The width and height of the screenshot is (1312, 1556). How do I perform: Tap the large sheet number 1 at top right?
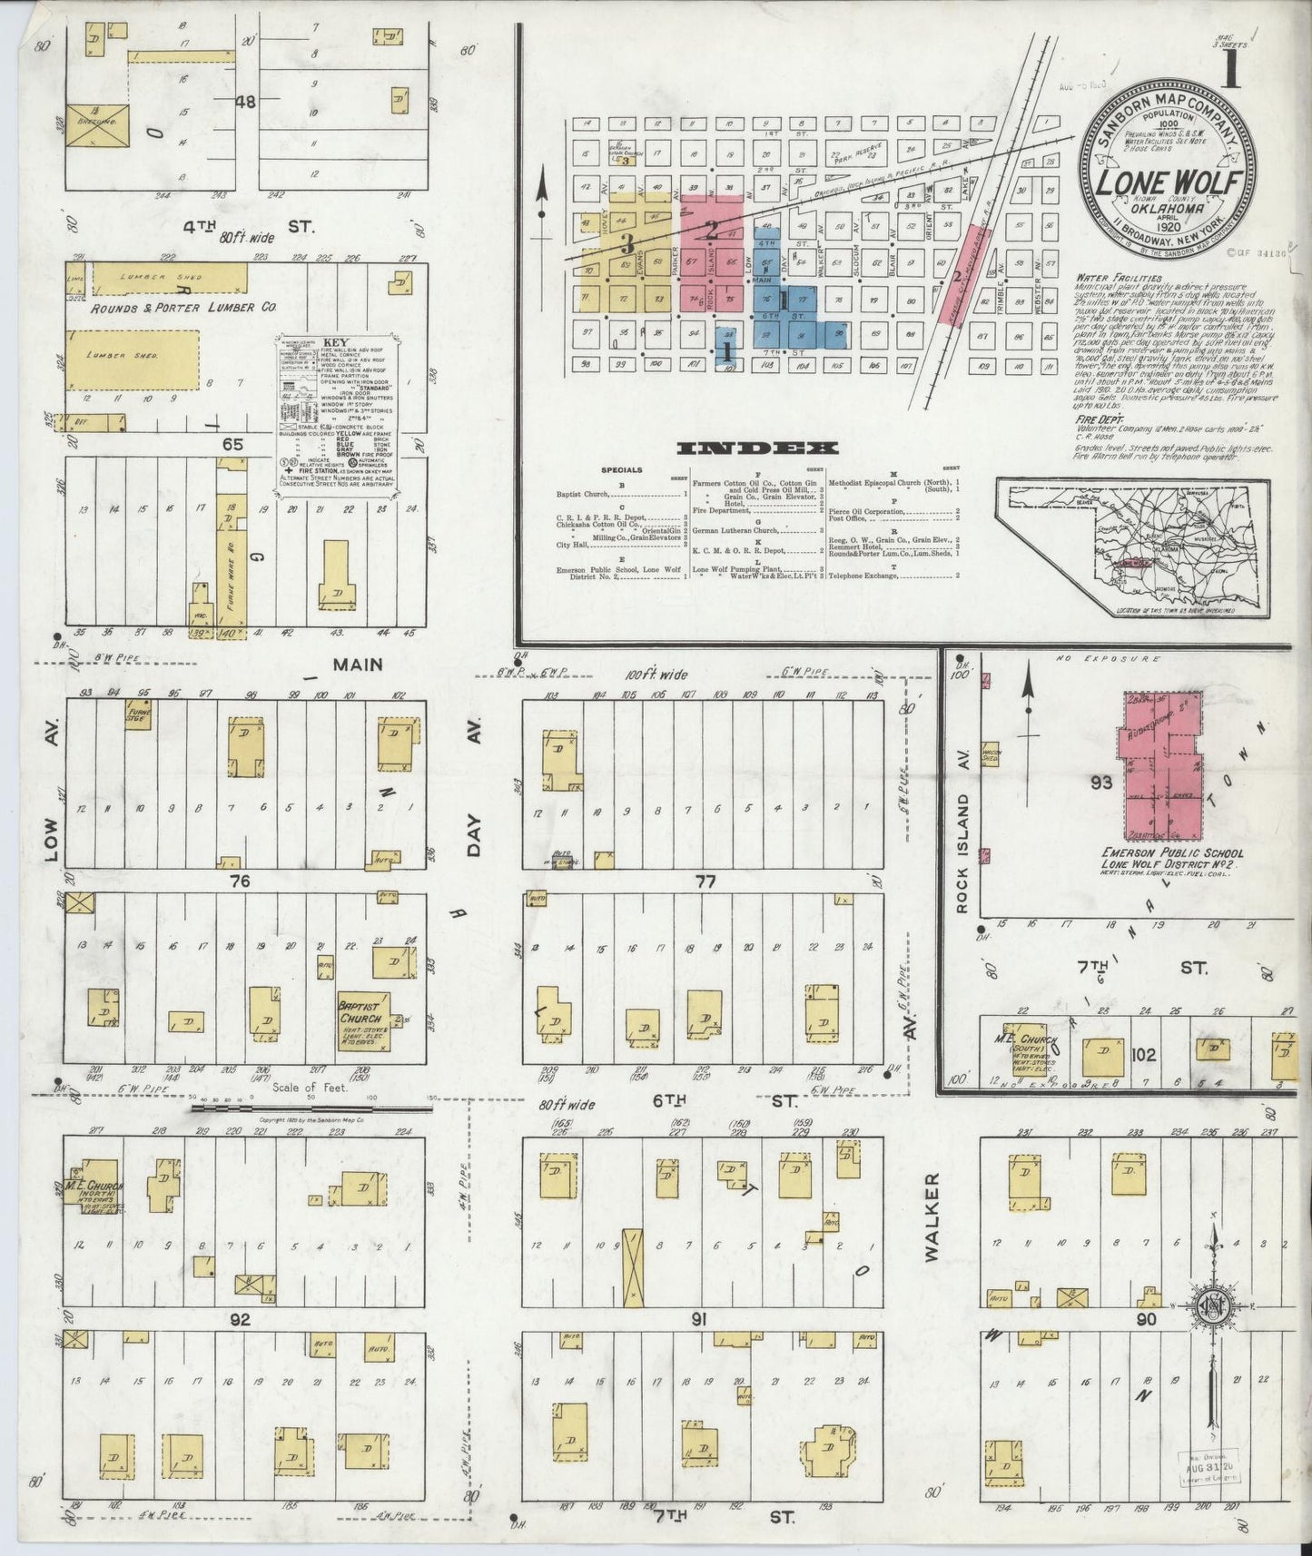coord(1231,71)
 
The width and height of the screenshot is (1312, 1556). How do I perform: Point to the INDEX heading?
coord(757,448)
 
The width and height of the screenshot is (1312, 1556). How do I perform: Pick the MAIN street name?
coord(357,665)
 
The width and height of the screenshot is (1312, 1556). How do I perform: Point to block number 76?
coord(240,881)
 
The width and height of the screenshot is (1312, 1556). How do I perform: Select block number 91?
coord(698,1320)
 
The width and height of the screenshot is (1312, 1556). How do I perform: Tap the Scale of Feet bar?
coord(312,1107)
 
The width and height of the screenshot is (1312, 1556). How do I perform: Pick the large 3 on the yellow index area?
coord(626,243)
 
